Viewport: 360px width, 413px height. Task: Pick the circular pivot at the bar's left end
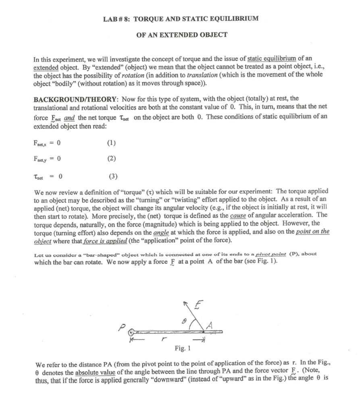pyautogui.click(x=131, y=333)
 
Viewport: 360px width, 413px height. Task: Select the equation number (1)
pyautogui.click(x=112, y=143)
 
